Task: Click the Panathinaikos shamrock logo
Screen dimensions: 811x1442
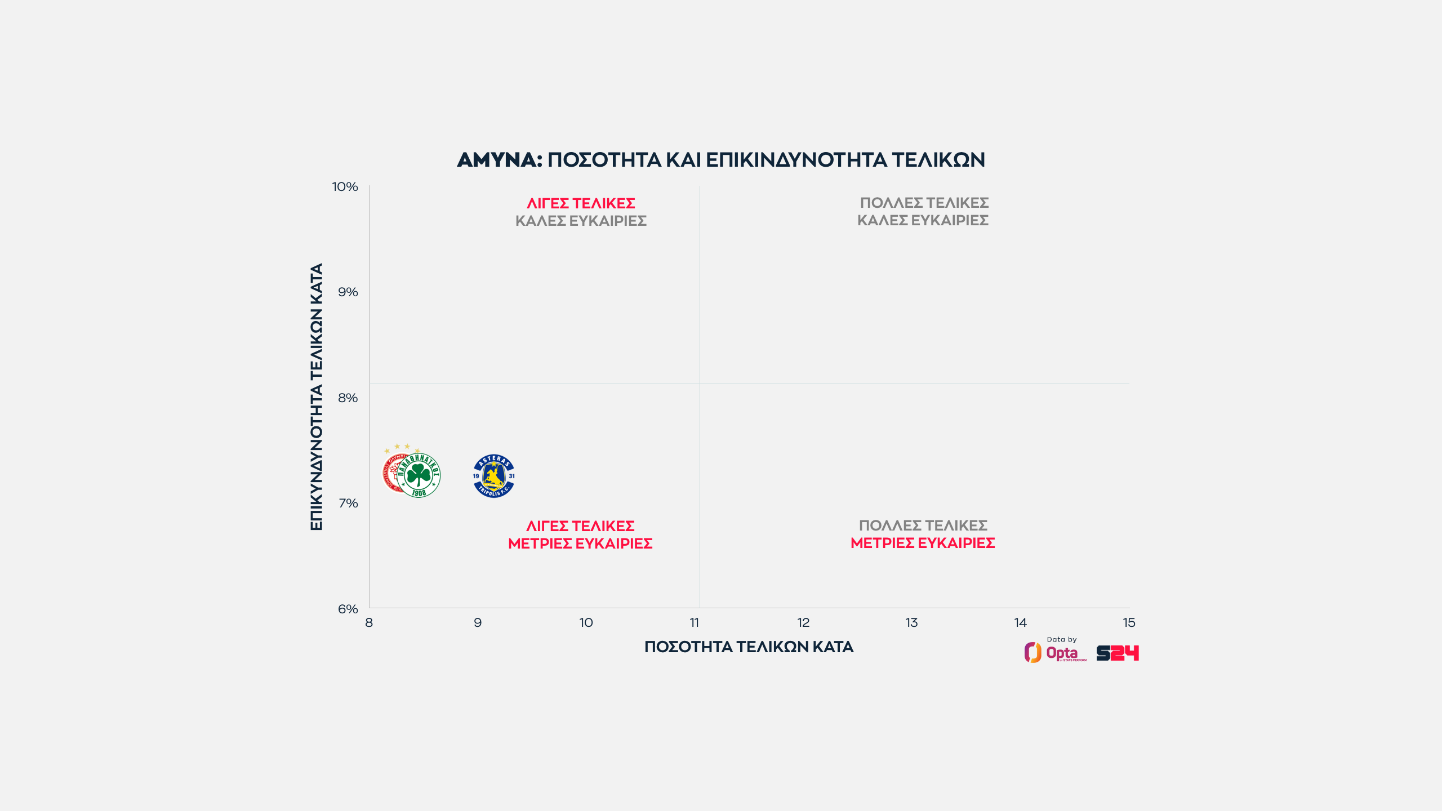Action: coord(419,475)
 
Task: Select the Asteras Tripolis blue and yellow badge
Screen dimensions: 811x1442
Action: coord(493,476)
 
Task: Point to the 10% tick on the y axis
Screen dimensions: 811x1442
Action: coord(345,186)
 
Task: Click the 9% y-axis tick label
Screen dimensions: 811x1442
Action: coord(348,292)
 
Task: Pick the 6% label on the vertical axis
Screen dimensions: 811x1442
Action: coord(348,609)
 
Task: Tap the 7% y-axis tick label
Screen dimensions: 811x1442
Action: coord(348,503)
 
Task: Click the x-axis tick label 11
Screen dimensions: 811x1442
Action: coord(695,622)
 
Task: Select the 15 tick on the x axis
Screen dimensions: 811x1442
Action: coord(1129,622)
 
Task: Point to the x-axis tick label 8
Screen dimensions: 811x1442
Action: coord(369,622)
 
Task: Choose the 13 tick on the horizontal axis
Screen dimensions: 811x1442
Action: coord(911,622)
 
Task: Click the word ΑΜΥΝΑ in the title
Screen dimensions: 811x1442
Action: coord(499,160)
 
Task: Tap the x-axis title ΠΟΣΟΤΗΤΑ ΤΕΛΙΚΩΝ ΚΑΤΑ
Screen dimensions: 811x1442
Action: coord(749,647)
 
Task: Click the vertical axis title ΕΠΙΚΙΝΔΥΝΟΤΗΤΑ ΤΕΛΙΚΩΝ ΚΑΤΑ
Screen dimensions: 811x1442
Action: coord(317,396)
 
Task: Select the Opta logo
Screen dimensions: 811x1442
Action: coord(1055,653)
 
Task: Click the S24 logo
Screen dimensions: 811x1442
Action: coord(1118,653)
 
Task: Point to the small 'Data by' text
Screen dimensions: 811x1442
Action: coord(1061,639)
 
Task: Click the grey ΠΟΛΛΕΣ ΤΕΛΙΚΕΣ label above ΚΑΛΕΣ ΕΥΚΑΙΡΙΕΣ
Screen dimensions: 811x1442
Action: coord(924,203)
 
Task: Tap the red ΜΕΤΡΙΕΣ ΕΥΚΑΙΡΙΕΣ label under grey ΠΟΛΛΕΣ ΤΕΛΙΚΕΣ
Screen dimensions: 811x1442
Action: coord(923,543)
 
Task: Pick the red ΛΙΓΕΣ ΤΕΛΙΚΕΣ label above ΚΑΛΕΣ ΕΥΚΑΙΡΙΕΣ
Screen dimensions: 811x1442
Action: coord(581,203)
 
